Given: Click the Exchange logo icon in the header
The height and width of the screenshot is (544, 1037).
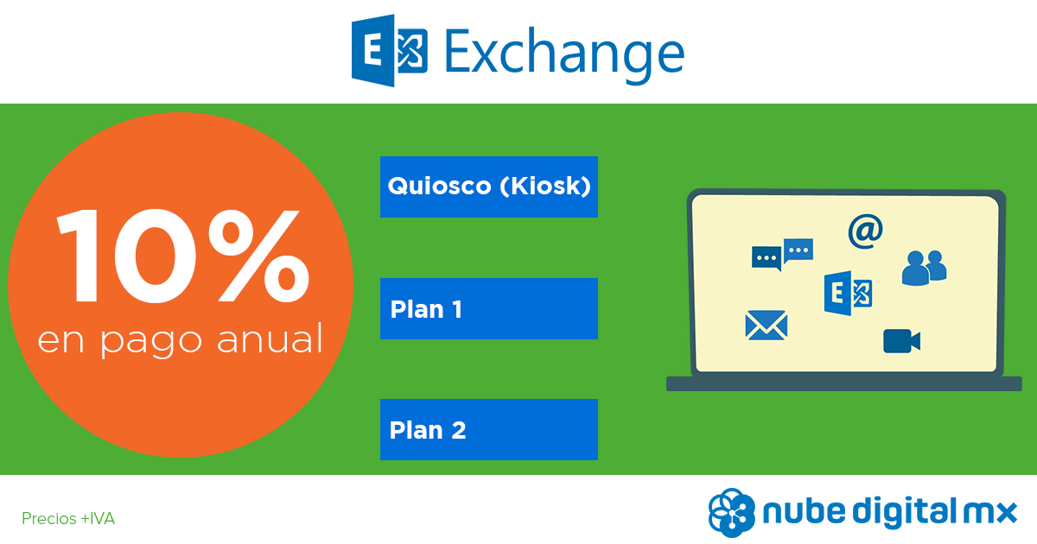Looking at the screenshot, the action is tap(390, 50).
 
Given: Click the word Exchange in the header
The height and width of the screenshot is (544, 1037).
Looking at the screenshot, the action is tap(564, 55).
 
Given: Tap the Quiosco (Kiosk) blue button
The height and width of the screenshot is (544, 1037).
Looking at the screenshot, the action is tap(489, 187).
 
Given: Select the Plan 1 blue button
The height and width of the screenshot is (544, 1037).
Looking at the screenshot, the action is tap(489, 308).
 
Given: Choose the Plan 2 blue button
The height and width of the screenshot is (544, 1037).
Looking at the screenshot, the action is tap(489, 429).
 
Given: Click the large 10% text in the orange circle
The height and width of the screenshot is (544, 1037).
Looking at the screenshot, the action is tap(183, 256).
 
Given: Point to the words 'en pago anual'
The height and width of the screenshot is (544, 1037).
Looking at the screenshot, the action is tap(180, 340).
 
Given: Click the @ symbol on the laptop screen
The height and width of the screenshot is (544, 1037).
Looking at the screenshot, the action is tap(865, 231).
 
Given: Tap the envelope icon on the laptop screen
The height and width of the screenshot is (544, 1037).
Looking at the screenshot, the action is tap(767, 326).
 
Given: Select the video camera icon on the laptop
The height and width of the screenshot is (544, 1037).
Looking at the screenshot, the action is tap(902, 341).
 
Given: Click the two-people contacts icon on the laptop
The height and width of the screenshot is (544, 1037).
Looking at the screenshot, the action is tap(924, 268).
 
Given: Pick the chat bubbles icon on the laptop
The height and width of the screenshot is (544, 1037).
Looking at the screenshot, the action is tap(782, 254).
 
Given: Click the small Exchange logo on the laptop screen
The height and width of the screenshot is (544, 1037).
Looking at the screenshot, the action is tap(848, 294).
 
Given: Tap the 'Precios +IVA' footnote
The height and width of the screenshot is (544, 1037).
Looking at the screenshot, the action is tap(68, 519).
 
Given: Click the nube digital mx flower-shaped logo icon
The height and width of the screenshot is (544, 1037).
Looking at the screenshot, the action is tap(731, 513).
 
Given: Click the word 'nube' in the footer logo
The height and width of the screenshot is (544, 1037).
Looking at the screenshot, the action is tap(805, 510).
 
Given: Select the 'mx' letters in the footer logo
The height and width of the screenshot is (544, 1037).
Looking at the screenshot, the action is tap(989, 513).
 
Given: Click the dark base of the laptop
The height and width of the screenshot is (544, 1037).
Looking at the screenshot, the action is tap(844, 384).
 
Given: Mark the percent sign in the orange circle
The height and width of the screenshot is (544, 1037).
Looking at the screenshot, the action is tap(258, 256).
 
